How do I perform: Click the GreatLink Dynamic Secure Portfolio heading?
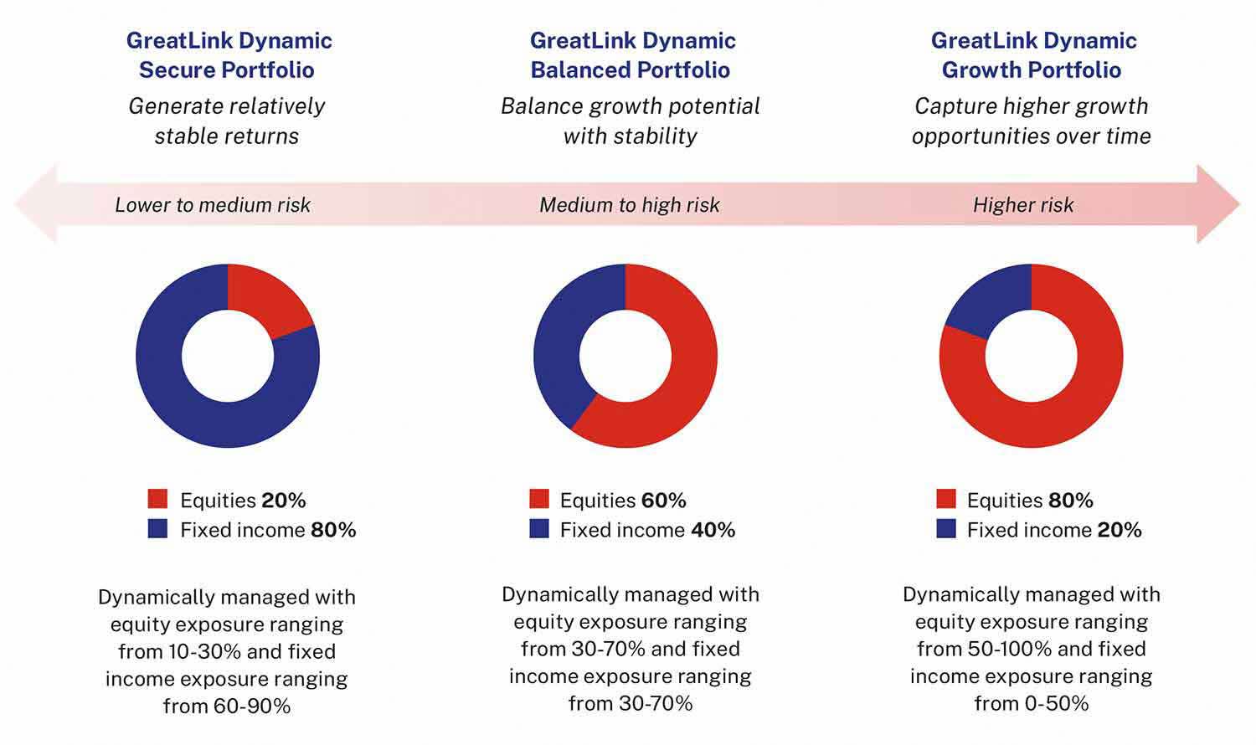tap(228, 55)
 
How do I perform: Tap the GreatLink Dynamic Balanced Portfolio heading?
tap(631, 55)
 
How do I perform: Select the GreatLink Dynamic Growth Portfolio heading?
tap(1032, 55)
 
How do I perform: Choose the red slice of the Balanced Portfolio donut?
tap(687, 368)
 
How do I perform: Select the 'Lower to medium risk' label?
tap(213, 205)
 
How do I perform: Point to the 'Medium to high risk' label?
tap(630, 205)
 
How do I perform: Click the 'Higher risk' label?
tap(1023, 205)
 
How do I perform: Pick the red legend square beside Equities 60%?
tap(539, 500)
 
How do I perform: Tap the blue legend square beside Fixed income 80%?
tap(157, 529)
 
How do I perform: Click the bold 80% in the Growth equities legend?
tap(1071, 501)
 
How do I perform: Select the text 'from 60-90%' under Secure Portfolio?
tap(227, 706)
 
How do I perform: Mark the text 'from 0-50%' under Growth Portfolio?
tap(1032, 703)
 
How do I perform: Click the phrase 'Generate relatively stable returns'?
tap(227, 121)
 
